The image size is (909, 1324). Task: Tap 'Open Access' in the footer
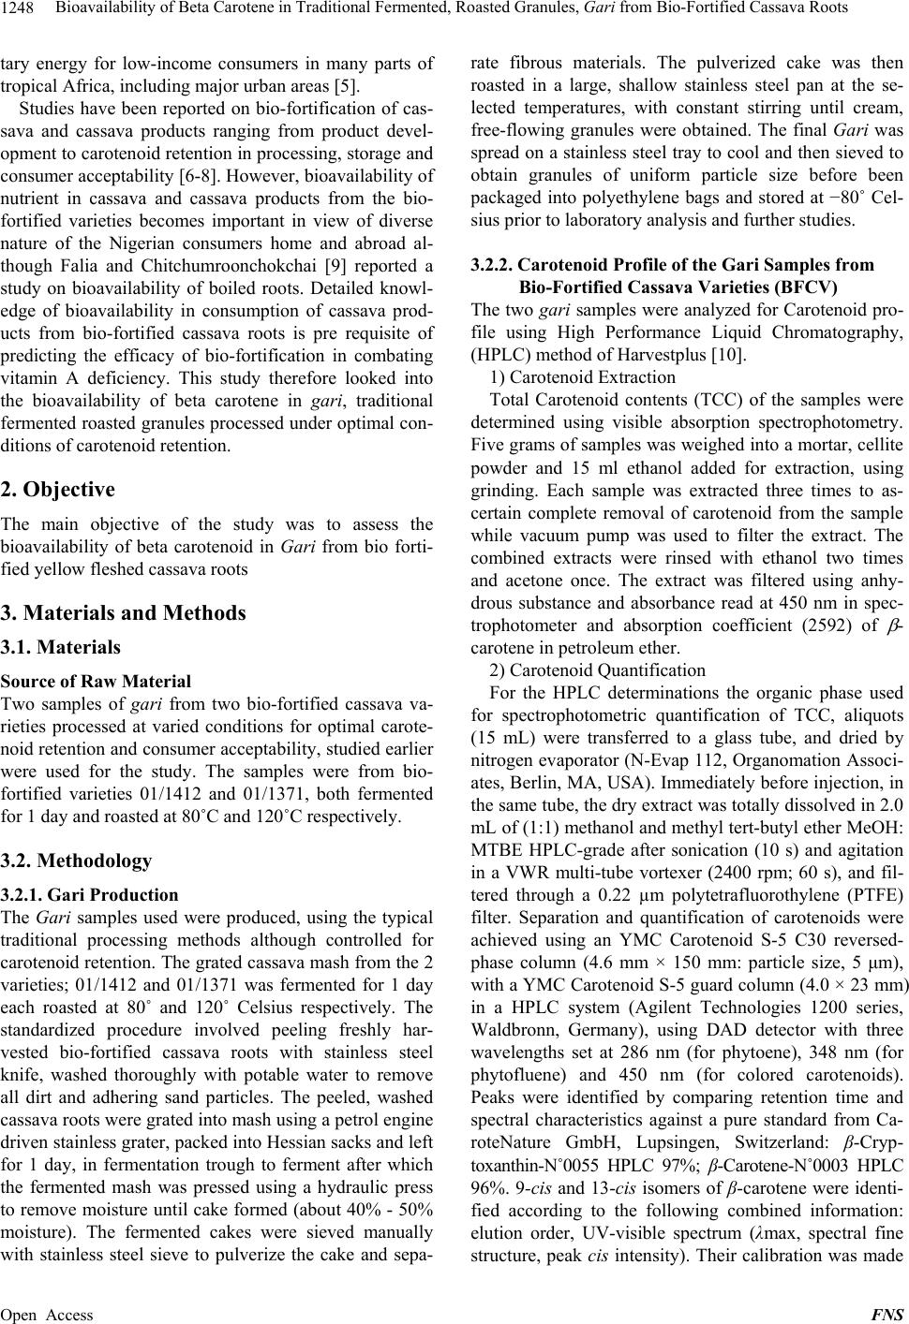[x=48, y=1315]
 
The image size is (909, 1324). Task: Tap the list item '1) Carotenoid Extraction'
[x=582, y=377]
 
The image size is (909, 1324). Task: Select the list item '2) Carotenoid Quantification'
[x=598, y=669]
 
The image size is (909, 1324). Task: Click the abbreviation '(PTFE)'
[x=876, y=894]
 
